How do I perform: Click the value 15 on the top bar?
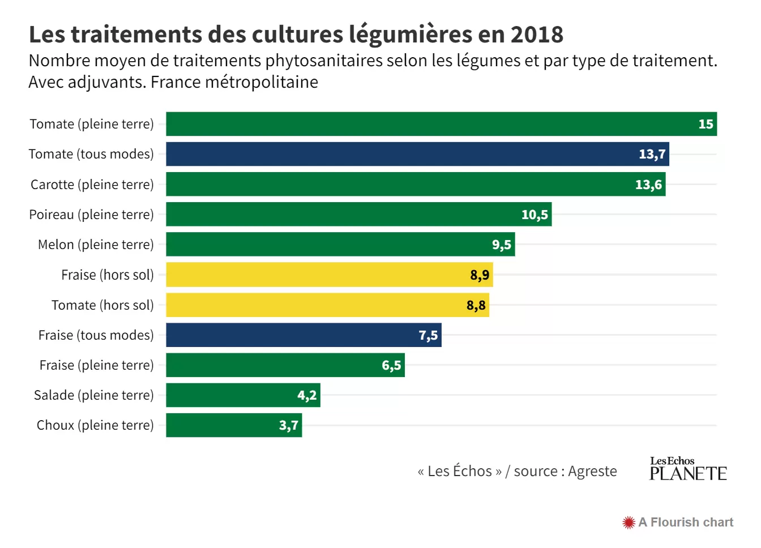(706, 124)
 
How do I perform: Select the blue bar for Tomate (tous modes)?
(417, 154)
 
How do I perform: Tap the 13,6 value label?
(648, 185)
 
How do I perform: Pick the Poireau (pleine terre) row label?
(91, 215)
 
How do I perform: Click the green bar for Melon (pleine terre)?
(340, 245)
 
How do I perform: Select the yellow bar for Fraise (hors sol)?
(328, 275)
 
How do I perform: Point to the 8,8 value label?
(476, 305)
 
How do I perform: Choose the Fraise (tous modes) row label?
(96, 335)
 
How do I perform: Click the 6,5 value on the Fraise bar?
(391, 365)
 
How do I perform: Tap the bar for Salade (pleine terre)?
(242, 395)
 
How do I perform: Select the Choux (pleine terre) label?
(95, 425)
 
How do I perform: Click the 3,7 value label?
(288, 425)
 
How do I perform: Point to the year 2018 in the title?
(537, 35)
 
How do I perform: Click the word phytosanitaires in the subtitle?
(324, 61)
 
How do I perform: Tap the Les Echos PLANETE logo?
(687, 469)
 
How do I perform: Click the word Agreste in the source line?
(592, 471)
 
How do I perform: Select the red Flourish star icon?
(628, 523)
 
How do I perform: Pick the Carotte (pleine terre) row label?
(92, 185)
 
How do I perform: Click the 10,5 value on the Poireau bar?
(535, 215)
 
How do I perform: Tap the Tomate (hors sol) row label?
(102, 305)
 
